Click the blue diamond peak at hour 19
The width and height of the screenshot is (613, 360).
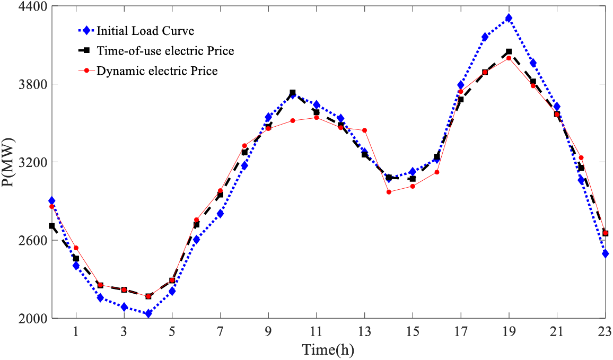pos(509,18)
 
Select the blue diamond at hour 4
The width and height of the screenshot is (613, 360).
pos(148,314)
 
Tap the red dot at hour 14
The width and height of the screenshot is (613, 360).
pos(389,192)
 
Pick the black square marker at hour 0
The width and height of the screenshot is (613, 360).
pos(52,226)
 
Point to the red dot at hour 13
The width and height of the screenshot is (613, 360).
pos(364,130)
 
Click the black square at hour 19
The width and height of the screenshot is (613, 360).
pos(509,52)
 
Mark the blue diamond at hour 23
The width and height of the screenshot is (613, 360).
pos(605,254)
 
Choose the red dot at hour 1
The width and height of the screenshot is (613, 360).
pos(76,248)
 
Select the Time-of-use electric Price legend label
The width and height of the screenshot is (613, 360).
pos(165,51)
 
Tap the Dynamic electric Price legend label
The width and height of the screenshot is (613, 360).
pos(157,71)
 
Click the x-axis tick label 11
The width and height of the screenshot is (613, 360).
pos(316,330)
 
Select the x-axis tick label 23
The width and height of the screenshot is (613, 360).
pos(605,330)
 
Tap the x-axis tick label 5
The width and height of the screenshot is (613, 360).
pos(172,330)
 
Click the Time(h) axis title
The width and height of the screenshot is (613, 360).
pos(328,349)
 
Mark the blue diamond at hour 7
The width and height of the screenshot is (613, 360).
pos(220,214)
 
